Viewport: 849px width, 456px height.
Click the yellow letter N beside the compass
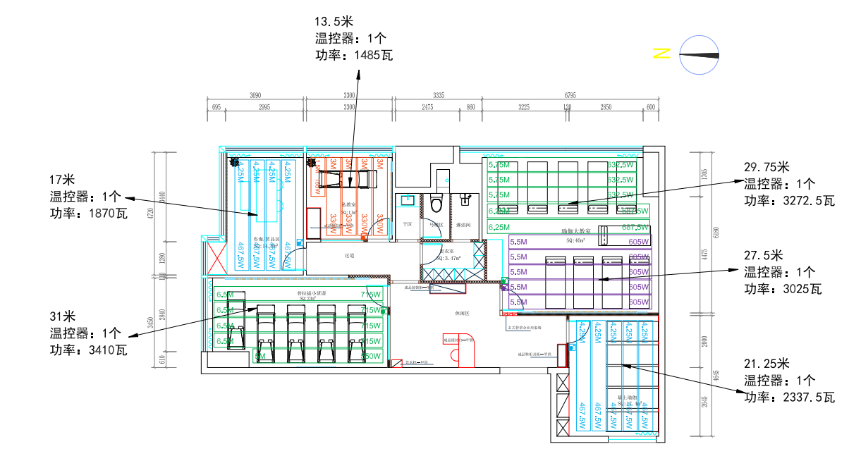pos(661,53)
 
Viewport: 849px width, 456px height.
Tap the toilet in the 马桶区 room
pos(436,204)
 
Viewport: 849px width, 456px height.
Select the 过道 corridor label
pos(348,256)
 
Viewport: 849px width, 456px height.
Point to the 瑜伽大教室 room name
pos(576,230)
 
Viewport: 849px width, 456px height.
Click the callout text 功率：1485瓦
pos(353,54)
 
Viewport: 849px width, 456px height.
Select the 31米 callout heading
pos(62,316)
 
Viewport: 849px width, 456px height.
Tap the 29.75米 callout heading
pos(766,168)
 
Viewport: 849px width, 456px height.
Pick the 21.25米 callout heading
pos(766,364)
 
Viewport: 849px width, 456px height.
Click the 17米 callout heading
pos(62,179)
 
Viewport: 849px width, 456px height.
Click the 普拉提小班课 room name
pos(310,292)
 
